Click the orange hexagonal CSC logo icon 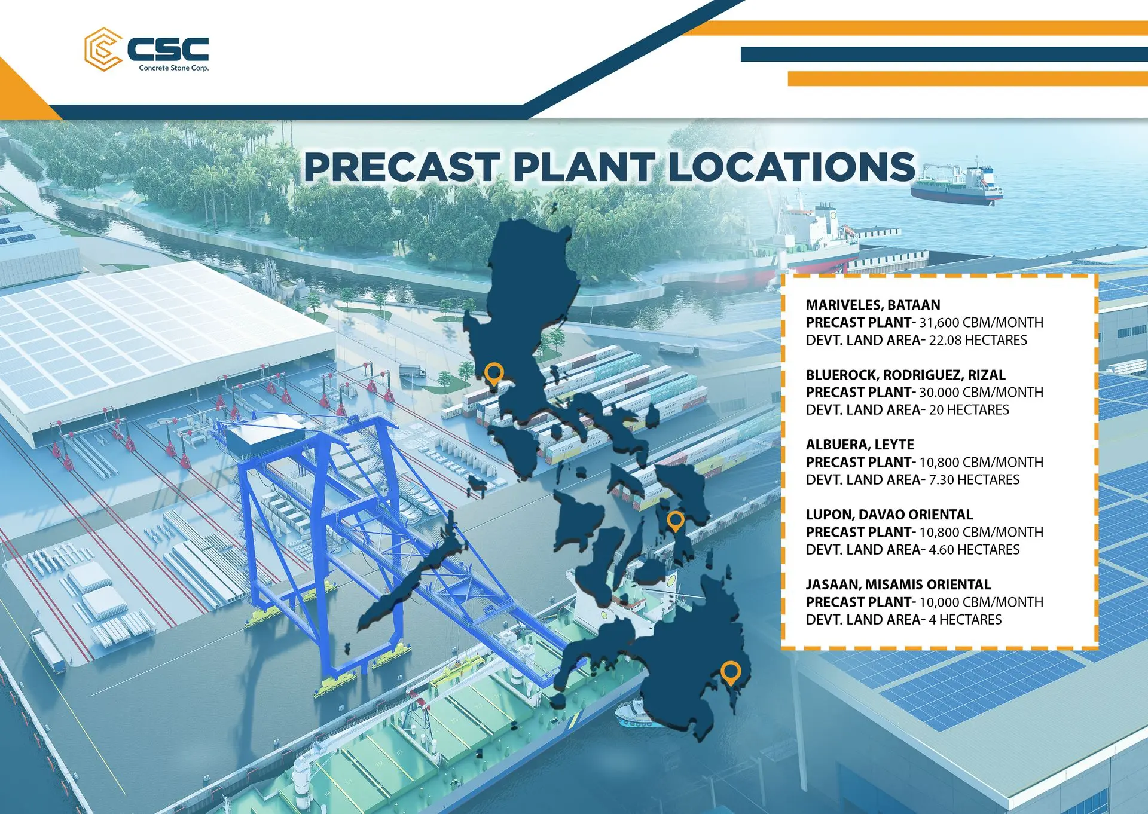tap(103, 49)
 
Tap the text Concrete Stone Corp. tap(174, 68)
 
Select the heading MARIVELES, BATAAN tap(873, 305)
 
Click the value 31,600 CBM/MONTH tap(981, 323)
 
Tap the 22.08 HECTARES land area tap(978, 340)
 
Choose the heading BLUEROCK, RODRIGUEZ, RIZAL tap(906, 375)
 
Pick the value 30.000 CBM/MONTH tap(981, 393)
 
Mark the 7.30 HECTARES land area tap(974, 480)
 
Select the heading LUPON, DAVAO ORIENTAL tap(889, 515)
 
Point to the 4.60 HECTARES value tap(974, 550)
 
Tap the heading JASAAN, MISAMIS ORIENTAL tap(899, 585)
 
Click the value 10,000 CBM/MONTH tap(981, 602)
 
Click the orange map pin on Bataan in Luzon tap(493, 374)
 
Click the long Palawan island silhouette tap(413, 574)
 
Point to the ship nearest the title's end tap(957, 185)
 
